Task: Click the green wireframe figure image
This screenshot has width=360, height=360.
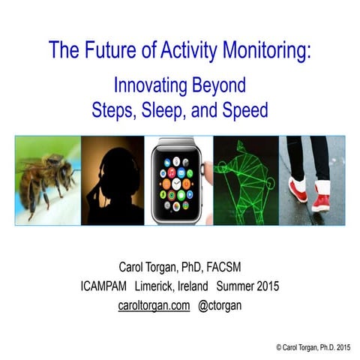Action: point(245,180)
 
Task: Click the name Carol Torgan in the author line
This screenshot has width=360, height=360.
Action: point(152,267)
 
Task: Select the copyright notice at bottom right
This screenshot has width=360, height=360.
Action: point(312,347)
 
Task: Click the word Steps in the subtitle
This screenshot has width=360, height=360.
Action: point(113,110)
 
